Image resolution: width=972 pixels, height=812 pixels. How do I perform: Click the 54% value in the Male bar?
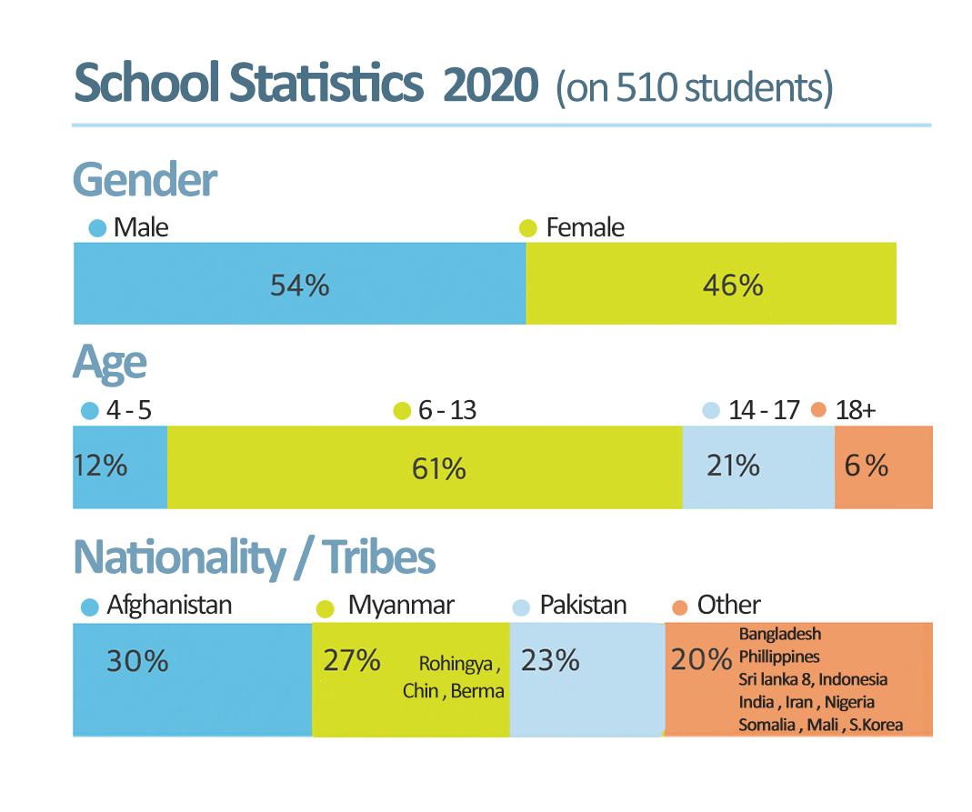(299, 286)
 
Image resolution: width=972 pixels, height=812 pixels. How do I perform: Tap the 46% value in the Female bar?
(733, 286)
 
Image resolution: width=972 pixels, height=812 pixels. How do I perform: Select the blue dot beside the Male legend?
(97, 227)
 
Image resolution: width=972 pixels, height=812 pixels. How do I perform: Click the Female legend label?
(585, 227)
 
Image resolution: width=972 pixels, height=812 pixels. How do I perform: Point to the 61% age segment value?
(438, 469)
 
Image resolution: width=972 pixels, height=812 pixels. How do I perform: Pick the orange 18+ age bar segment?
(884, 467)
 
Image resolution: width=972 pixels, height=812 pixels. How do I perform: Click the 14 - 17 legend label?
(764, 410)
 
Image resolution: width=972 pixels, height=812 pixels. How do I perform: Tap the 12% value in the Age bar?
(100, 466)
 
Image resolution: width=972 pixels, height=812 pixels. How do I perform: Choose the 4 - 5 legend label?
(128, 410)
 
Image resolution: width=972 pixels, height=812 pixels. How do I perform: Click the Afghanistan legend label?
(169, 605)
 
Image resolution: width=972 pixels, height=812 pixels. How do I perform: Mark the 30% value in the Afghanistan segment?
(137, 661)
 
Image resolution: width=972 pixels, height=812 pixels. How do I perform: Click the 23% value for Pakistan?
(550, 660)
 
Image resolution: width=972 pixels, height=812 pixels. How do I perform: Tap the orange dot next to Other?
(679, 606)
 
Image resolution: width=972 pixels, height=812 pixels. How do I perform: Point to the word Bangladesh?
(779, 633)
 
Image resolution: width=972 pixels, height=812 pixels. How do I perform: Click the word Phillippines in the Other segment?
(778, 656)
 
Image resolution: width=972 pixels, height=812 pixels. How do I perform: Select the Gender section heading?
(145, 180)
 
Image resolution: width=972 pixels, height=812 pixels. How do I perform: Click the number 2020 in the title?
(491, 86)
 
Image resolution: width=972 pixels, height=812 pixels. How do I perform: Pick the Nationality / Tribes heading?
(254, 556)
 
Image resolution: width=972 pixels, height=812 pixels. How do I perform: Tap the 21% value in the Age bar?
(733, 466)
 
